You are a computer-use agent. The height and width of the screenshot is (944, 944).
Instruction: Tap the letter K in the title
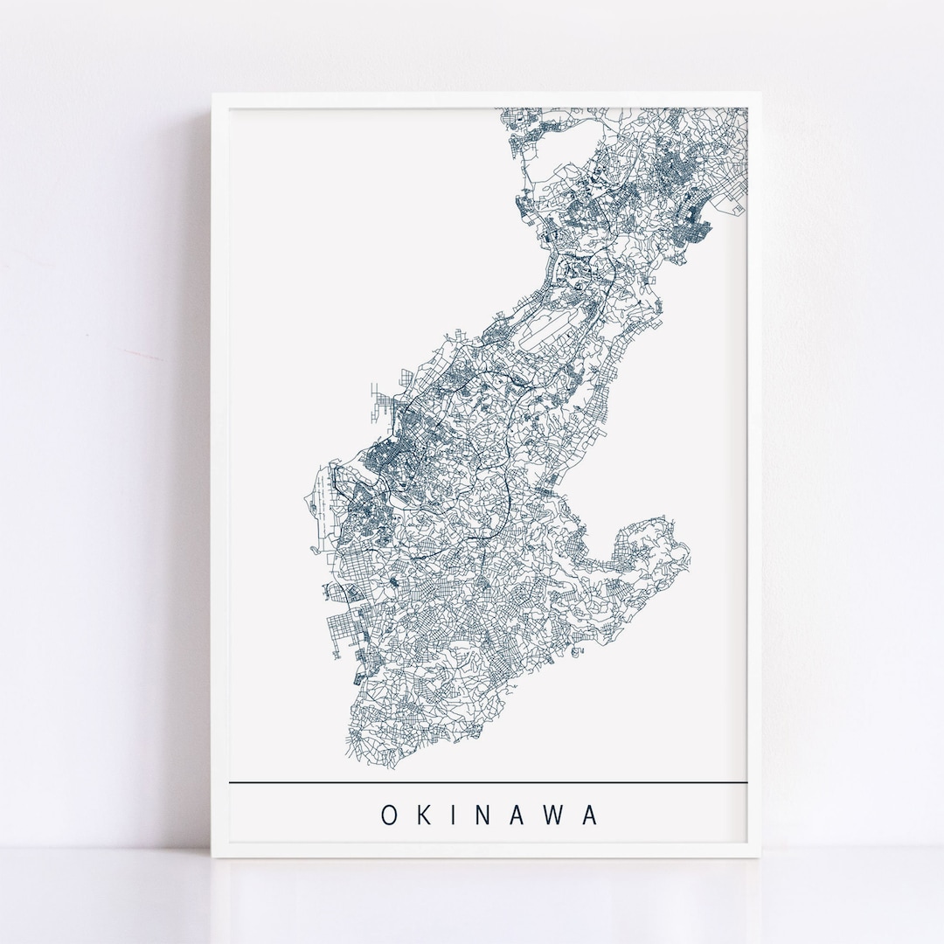(426, 815)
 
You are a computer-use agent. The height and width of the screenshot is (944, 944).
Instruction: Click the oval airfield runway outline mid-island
(552, 337)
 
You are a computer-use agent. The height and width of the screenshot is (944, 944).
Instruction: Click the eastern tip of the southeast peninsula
(689, 551)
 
